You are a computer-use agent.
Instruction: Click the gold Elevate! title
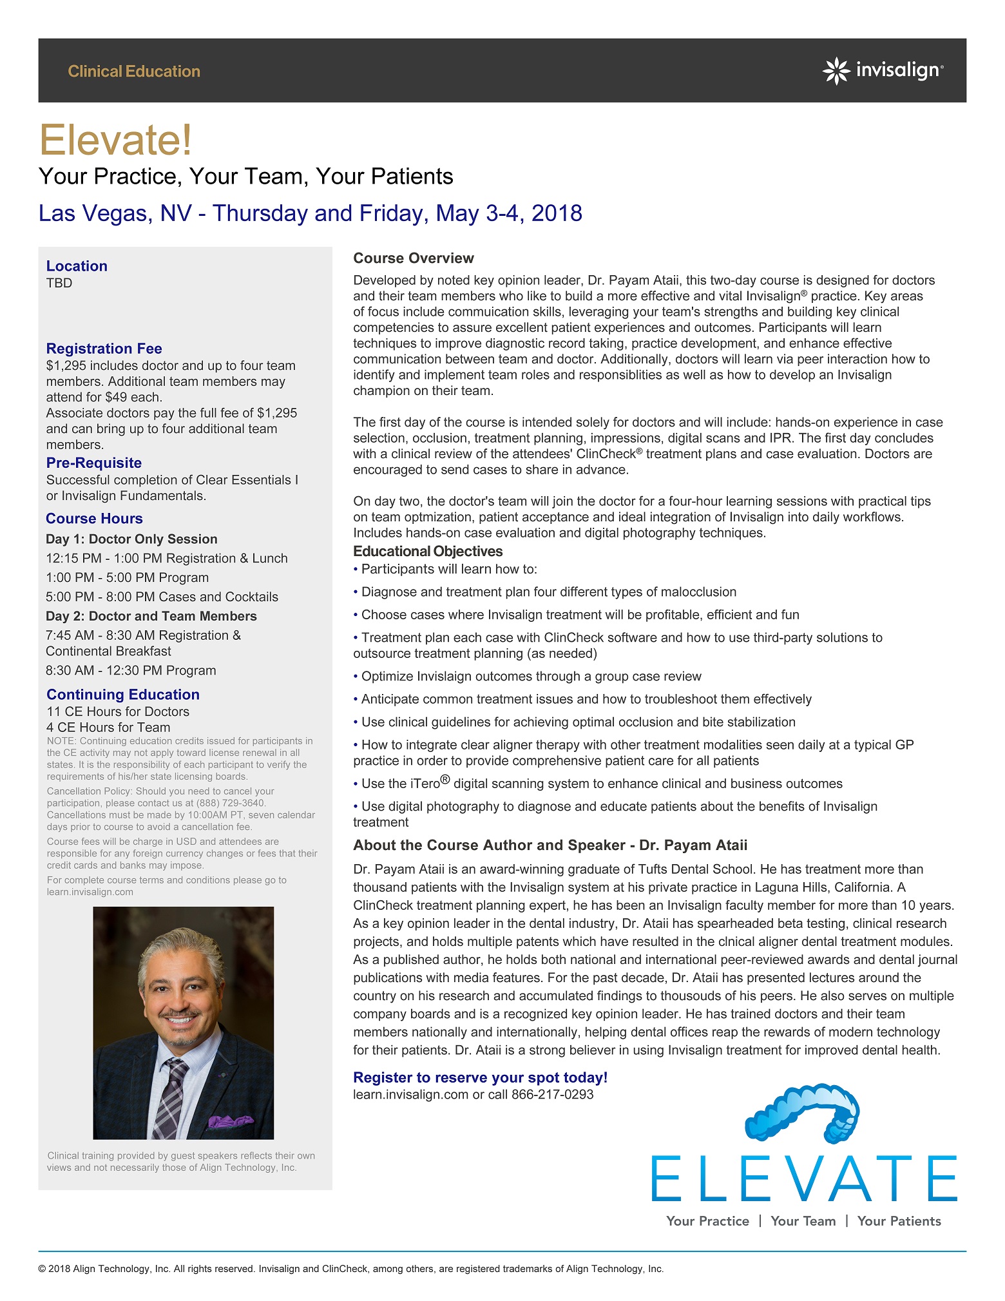(116, 140)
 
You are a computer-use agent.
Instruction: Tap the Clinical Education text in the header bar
(134, 72)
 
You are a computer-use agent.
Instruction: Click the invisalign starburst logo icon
(836, 71)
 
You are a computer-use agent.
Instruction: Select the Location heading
(77, 266)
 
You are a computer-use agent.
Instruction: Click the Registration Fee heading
(104, 349)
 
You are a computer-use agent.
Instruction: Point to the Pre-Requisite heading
(94, 463)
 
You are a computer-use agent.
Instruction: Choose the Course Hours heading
(94, 519)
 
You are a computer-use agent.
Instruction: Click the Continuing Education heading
(123, 695)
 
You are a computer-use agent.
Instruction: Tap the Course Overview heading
(413, 258)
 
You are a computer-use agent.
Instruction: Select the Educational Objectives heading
(428, 552)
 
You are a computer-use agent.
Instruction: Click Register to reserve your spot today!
(480, 1077)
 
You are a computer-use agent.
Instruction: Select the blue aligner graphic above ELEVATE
(802, 1112)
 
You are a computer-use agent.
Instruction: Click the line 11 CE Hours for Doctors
(118, 711)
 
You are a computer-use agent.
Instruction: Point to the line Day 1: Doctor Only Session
(131, 539)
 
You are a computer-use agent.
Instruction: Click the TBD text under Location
(59, 283)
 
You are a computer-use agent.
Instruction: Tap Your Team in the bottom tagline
(803, 1221)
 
